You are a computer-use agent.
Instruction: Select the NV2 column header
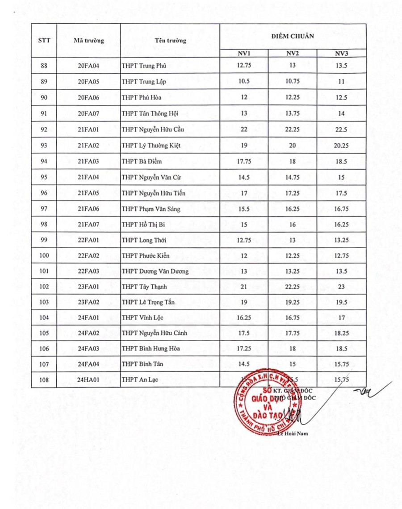tap(293, 54)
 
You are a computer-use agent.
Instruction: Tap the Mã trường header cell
tap(88, 41)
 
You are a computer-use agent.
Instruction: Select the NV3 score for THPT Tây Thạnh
tap(341, 287)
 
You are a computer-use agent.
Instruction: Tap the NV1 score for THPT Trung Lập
tap(244, 82)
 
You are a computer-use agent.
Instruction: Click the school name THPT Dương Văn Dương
tap(155, 271)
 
